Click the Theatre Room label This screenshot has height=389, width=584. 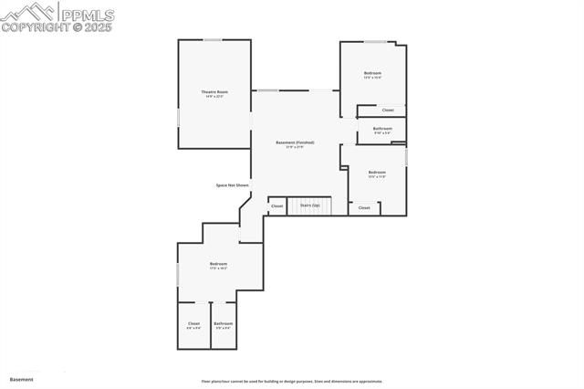(214, 92)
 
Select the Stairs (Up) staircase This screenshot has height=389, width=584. (310, 205)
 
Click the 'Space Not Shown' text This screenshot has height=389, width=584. (232, 185)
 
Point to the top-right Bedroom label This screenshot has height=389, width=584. (372, 74)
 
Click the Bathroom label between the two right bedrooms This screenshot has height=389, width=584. (382, 130)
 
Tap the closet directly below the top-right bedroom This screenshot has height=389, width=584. (388, 110)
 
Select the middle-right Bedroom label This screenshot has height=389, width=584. (377, 173)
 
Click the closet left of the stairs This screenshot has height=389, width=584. (277, 206)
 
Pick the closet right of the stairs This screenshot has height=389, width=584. (364, 208)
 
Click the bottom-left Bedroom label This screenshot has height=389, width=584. (218, 265)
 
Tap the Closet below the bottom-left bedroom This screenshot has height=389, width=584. (193, 324)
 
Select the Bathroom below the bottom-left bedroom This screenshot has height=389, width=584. (224, 324)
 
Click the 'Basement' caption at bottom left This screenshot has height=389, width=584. (22, 379)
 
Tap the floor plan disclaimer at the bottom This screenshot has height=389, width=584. (292, 382)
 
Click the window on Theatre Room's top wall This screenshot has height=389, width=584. (213, 39)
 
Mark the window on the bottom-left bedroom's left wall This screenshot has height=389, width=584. (178, 273)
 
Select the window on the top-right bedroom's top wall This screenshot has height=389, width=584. (375, 41)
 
